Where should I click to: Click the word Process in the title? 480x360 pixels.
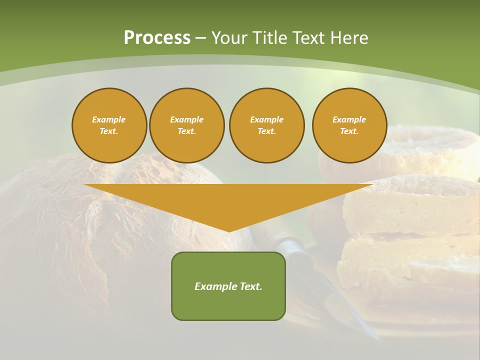point(157,38)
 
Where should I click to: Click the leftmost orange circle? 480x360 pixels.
point(109,125)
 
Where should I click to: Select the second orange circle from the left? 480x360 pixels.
point(187,125)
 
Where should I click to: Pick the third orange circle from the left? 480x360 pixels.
point(266,125)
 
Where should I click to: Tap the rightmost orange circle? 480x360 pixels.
point(349,125)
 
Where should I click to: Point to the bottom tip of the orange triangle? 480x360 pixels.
point(229,231)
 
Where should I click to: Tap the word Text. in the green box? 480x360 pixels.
point(250,286)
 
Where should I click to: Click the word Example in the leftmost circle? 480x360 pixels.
point(109,119)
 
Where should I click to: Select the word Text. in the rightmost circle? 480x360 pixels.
point(349,131)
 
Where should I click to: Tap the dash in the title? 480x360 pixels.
point(200,38)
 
